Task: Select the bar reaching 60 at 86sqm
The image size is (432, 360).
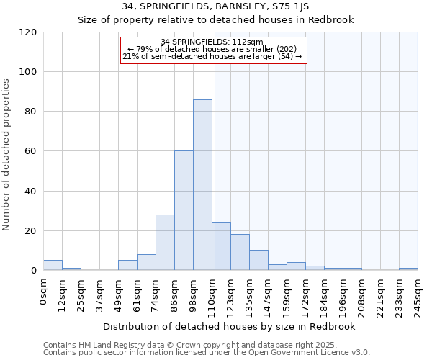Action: pos(184,211)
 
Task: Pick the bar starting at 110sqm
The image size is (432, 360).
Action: pos(221,247)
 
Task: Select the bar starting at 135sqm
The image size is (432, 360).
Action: pos(258,261)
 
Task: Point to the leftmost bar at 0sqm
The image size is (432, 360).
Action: pos(53,265)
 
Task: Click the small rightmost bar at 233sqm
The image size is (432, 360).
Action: pos(408,269)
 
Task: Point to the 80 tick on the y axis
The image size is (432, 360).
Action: pos(32,112)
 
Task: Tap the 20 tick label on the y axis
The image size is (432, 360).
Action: pos(32,231)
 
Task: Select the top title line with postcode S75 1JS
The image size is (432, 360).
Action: pos(216,6)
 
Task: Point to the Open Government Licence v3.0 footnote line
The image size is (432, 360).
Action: pos(207,352)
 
